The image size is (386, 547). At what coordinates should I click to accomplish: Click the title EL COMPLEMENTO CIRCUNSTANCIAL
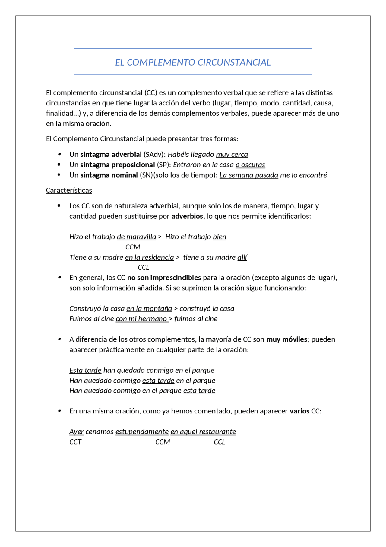click(x=193, y=62)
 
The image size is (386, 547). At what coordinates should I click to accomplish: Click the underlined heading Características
click(x=69, y=190)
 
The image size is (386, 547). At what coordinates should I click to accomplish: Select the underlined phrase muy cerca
click(x=232, y=154)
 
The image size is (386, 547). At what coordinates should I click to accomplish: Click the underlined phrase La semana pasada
click(x=248, y=175)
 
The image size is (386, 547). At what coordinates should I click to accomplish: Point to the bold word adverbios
click(x=187, y=216)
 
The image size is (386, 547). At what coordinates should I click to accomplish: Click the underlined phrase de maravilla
click(x=136, y=237)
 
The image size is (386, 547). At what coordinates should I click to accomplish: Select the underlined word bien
click(x=219, y=237)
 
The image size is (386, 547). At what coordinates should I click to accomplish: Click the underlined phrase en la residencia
click(x=149, y=257)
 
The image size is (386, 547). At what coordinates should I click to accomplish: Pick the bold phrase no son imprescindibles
click(x=164, y=278)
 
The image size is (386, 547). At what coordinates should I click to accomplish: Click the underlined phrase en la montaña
click(x=149, y=308)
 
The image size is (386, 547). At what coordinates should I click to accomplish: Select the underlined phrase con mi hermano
click(x=142, y=319)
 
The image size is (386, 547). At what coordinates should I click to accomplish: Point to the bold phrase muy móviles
click(x=286, y=339)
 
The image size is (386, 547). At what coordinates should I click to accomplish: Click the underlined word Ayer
click(x=76, y=432)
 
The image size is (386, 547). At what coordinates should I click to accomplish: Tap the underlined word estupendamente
click(x=142, y=432)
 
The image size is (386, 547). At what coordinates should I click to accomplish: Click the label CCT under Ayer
click(x=75, y=442)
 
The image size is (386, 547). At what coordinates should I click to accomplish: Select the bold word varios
click(x=299, y=411)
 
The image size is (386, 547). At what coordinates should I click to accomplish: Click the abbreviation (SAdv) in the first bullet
click(x=154, y=154)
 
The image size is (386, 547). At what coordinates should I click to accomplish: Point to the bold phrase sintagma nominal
click(x=109, y=175)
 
